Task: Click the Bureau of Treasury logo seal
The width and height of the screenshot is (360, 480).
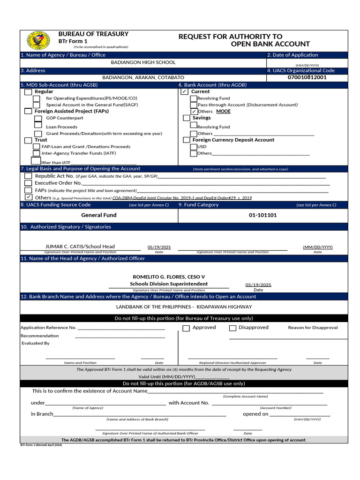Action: (38, 40)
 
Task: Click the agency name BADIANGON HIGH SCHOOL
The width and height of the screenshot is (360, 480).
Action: (143, 62)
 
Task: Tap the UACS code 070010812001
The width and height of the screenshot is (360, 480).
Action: (307, 77)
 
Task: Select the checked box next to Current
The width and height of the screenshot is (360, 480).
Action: (185, 92)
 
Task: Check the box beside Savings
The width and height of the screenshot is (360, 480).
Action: (187, 118)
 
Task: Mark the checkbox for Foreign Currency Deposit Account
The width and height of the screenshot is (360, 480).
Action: (187, 140)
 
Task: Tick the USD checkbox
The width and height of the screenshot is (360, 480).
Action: (194, 147)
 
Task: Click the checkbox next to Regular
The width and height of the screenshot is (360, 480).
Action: (28, 92)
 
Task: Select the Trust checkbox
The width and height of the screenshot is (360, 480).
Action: (28, 140)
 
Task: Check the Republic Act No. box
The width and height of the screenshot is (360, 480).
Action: (28, 176)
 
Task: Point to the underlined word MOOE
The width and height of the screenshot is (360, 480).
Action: (223, 112)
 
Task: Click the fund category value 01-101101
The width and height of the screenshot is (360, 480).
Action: (262, 215)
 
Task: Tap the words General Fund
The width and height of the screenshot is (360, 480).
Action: (99, 215)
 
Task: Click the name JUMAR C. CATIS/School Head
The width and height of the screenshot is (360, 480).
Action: (80, 247)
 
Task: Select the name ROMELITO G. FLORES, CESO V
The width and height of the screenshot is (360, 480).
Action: (169, 277)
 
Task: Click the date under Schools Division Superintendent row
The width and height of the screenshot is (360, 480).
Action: (258, 285)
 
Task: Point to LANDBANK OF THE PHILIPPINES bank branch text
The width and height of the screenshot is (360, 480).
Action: (184, 307)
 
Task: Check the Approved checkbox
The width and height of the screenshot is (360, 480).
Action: (186, 328)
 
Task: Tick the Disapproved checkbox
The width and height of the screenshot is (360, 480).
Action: (232, 328)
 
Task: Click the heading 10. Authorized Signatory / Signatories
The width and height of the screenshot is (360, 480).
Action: (66, 227)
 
